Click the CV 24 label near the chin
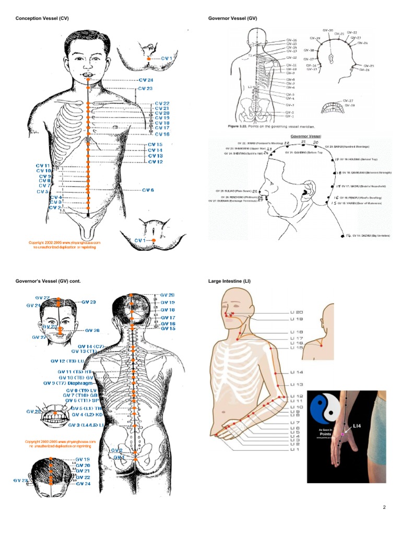(x=146, y=80)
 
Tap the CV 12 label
(x=155, y=162)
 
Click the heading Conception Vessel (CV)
(x=42, y=19)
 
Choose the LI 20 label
(x=297, y=312)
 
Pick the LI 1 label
(x=294, y=449)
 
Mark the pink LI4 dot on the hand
(x=342, y=435)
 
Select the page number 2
(x=383, y=507)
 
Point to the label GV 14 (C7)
(x=92, y=346)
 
